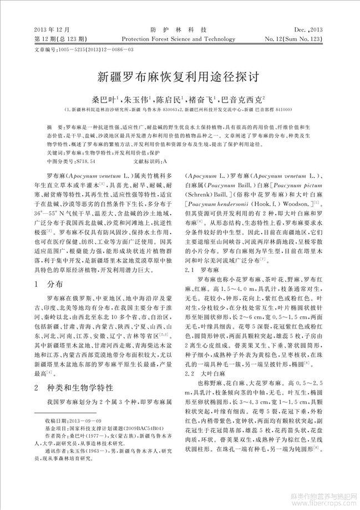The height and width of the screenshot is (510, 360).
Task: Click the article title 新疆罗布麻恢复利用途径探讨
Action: click(x=180, y=75)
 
